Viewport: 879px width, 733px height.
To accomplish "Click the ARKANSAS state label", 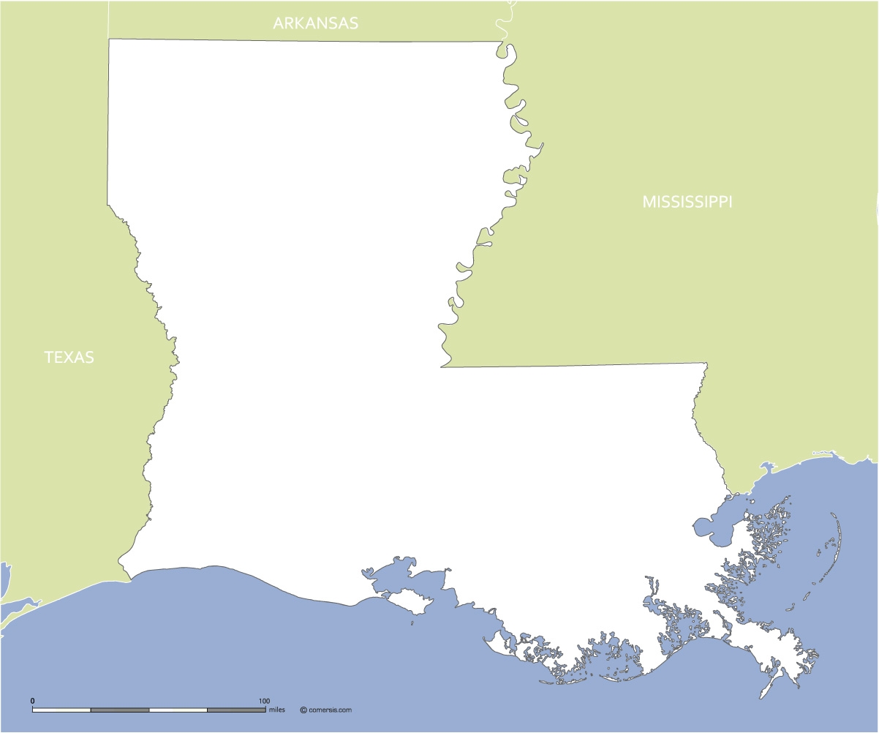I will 315,23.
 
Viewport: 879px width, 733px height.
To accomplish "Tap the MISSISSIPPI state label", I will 687,202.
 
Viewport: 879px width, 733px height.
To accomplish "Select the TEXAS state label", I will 69,358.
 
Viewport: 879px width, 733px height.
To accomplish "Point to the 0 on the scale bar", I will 32,701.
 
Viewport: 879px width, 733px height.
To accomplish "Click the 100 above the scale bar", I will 264,701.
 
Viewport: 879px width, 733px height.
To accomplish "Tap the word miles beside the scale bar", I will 277,710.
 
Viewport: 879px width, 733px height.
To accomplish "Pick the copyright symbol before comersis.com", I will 303,710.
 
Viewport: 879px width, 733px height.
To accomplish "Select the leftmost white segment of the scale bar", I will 61,710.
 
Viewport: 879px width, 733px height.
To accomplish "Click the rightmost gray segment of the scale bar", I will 236,710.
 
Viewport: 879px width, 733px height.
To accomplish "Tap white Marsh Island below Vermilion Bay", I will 412,602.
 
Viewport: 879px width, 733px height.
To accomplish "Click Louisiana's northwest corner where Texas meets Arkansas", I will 109,39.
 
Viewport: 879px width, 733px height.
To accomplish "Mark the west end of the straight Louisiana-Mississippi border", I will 441,367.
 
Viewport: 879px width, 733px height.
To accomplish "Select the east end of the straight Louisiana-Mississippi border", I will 706,363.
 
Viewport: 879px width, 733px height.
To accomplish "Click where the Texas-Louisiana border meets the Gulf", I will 131,580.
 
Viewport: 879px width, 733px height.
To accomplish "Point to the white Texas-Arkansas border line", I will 109,18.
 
